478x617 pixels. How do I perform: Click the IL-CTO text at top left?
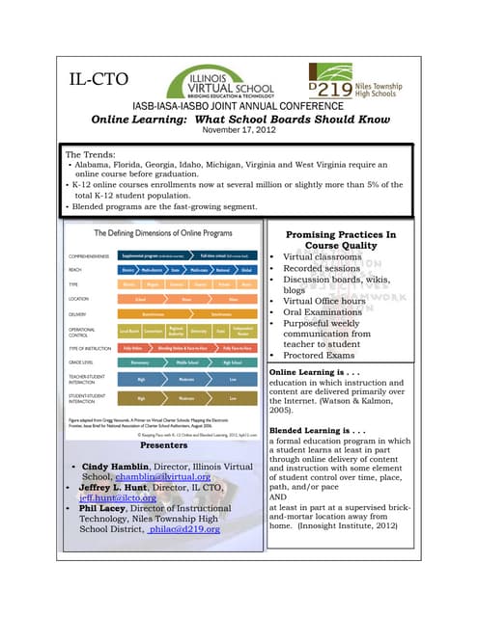pos(99,76)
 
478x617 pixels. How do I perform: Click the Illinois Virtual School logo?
pos(220,75)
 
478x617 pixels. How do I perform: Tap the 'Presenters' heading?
pos(163,446)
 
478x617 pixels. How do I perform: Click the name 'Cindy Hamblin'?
pos(121,467)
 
